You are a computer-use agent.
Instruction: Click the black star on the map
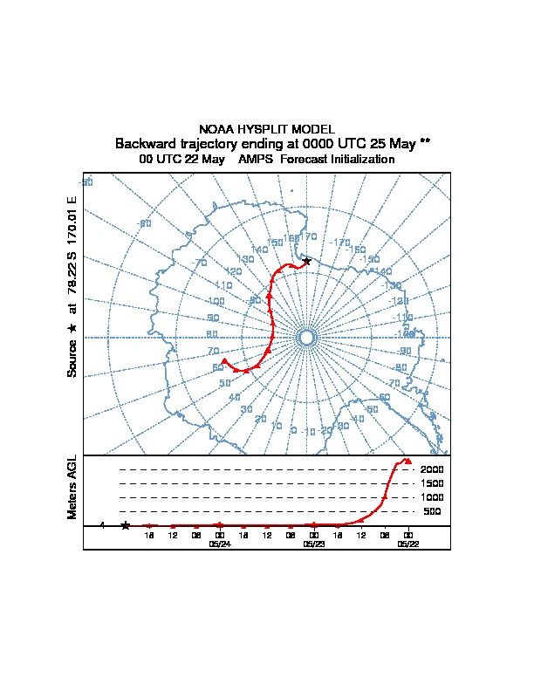pyautogui.click(x=306, y=261)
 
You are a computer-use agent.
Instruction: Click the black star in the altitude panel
pyautogui.click(x=125, y=525)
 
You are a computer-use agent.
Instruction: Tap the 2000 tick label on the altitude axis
pyautogui.click(x=431, y=469)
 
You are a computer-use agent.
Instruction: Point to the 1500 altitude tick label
pyautogui.click(x=431, y=483)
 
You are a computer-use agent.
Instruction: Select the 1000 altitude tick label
pyautogui.click(x=431, y=497)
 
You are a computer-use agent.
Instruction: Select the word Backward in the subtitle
pyautogui.click(x=147, y=143)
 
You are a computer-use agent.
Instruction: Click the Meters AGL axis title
pyautogui.click(x=72, y=487)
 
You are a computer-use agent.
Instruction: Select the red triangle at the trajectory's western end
pyautogui.click(x=224, y=360)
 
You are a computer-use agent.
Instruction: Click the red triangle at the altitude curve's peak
pyautogui.click(x=407, y=461)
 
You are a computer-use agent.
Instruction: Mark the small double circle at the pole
pyautogui.click(x=306, y=338)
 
